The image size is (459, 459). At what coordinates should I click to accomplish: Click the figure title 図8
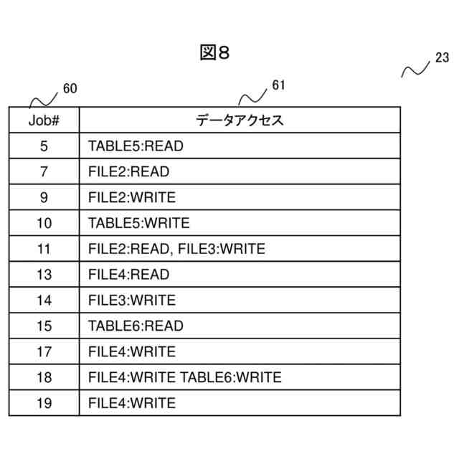pyautogui.click(x=214, y=54)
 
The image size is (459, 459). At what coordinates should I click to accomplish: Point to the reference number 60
pyautogui.click(x=70, y=89)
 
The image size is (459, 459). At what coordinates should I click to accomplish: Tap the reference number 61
pyautogui.click(x=279, y=86)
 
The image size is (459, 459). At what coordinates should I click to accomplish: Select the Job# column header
pyautogui.click(x=44, y=120)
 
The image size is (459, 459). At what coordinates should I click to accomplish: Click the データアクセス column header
pyautogui.click(x=240, y=120)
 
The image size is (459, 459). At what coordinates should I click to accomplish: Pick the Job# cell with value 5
pyautogui.click(x=44, y=146)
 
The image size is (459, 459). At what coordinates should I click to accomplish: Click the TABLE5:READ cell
pyautogui.click(x=136, y=146)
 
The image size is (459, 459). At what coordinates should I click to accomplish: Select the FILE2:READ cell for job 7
pyautogui.click(x=128, y=172)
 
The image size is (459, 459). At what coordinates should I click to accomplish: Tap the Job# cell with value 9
pyautogui.click(x=44, y=197)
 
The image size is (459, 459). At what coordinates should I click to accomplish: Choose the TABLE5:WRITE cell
pyautogui.click(x=139, y=223)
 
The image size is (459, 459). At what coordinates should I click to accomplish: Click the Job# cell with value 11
pyautogui.click(x=44, y=249)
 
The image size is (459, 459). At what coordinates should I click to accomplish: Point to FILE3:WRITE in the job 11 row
pyautogui.click(x=221, y=249)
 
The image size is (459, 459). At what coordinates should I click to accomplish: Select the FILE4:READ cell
pyautogui.click(x=128, y=275)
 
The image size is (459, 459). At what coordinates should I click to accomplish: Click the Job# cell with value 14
pyautogui.click(x=44, y=301)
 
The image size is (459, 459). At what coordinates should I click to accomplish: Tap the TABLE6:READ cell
pyautogui.click(x=136, y=326)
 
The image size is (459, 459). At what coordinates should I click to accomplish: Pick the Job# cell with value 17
pyautogui.click(x=44, y=351)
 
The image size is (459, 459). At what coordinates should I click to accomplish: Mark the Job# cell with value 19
pyautogui.click(x=44, y=403)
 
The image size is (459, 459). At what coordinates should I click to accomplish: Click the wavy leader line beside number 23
pyautogui.click(x=415, y=69)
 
